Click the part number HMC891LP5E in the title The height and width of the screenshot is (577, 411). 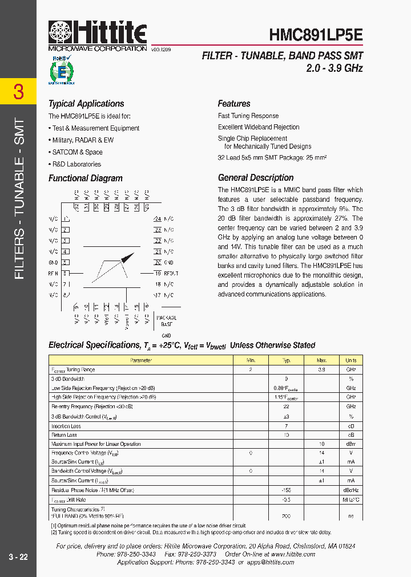(316, 35)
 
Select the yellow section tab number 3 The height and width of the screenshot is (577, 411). (18, 92)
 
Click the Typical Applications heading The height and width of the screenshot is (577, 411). (86, 104)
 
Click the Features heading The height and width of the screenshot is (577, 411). (234, 104)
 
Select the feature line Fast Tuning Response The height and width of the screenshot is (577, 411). (248, 116)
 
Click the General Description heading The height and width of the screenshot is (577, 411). (256, 177)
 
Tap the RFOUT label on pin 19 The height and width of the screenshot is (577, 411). (171, 274)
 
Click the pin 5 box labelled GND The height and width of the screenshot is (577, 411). (66, 263)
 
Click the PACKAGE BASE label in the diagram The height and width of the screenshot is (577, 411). (166, 320)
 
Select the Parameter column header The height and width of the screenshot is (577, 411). (141, 360)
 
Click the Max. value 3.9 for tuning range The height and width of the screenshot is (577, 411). (321, 369)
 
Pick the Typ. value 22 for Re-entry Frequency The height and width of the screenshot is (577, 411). (286, 407)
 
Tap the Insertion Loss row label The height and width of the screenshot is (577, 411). (66, 426)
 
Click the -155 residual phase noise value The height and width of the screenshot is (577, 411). (286, 490)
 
